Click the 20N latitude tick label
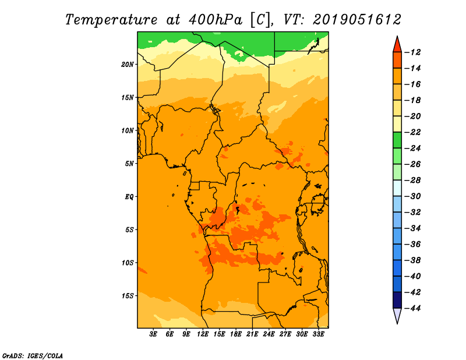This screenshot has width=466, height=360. pos(127,65)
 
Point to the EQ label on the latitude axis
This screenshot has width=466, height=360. pos(129,197)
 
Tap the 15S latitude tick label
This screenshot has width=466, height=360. pos(127,296)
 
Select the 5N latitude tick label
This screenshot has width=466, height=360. pos(129,164)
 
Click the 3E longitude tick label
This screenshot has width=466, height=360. pos(153,334)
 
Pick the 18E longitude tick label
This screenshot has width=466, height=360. pos(236,334)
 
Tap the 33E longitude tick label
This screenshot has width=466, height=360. pos(318,334)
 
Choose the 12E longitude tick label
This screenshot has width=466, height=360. pos(203,334)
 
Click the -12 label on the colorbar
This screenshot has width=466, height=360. pos(412,52)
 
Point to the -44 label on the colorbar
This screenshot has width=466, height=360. pos(412,308)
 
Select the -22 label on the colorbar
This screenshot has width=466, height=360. pos(412,132)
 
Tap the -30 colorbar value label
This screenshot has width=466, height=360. pos(412,196)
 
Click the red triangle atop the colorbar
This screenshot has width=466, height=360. pos(397,45)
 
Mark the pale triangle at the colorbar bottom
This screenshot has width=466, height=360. pos(397,315)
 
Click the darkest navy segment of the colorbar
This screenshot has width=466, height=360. pos(397,300)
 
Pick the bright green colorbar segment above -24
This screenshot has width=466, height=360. pos(397,140)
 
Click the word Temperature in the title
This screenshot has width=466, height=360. pos(111,20)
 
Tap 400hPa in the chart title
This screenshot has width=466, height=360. pos(216,20)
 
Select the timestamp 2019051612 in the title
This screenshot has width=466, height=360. pos(357,20)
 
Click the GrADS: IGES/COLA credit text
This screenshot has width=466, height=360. pos(33,355)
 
